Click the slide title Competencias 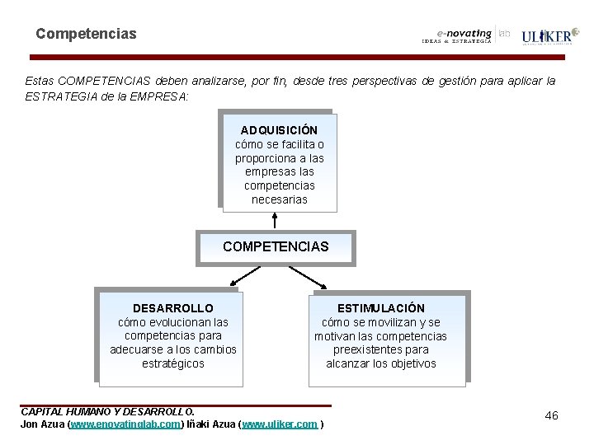point(86,35)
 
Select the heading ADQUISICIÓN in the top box point(279,130)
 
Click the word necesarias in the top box point(279,199)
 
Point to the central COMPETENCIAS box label point(276,246)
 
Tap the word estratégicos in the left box point(172,363)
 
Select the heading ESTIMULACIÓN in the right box point(380,307)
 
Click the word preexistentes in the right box point(380,349)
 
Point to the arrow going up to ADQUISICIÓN point(275,220)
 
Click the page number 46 point(551,415)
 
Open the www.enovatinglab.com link point(125,424)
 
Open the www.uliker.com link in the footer point(280,424)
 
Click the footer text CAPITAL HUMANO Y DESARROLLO point(107,411)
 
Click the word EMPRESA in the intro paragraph point(163,96)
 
